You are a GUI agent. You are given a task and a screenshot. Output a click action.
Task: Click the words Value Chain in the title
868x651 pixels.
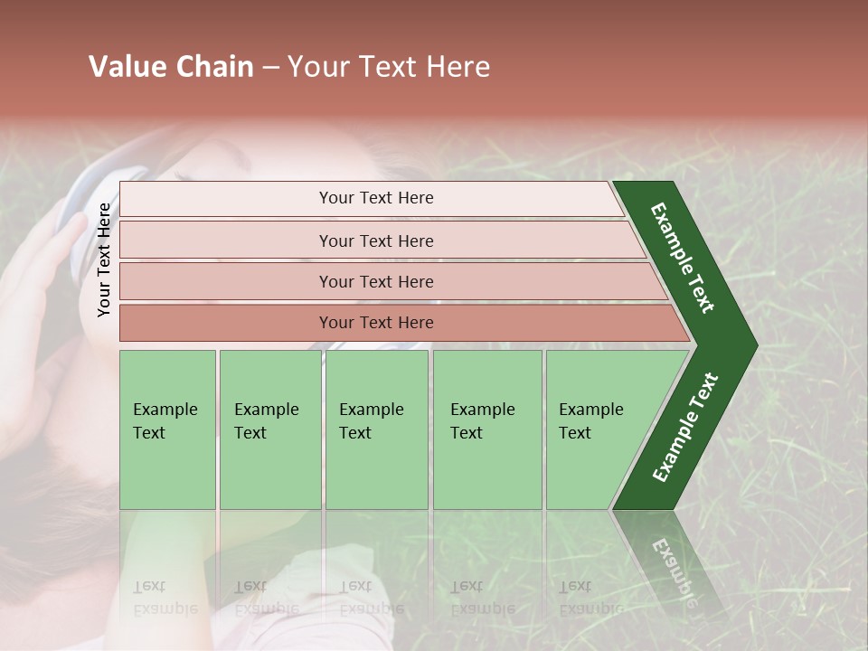pyautogui.click(x=171, y=67)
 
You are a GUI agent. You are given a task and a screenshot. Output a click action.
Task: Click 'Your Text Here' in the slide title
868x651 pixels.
pyautogui.click(x=389, y=67)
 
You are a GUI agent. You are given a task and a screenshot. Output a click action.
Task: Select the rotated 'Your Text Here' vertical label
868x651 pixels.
pyautogui.click(x=104, y=259)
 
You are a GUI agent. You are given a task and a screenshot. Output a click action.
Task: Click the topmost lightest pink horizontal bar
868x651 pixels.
pyautogui.click(x=376, y=198)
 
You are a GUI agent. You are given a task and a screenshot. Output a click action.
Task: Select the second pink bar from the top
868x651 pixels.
pyautogui.click(x=376, y=241)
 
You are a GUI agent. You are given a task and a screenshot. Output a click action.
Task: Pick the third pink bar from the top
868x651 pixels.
pyautogui.click(x=376, y=281)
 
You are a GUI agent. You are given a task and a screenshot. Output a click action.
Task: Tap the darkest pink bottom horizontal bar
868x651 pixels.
pyautogui.click(x=376, y=323)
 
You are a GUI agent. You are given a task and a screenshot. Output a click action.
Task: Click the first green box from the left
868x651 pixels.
pyautogui.click(x=167, y=429)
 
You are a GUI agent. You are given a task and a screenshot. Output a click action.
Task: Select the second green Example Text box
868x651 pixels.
pyautogui.click(x=269, y=429)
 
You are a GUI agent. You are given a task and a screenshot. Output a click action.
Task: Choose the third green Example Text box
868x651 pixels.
pyautogui.click(x=376, y=429)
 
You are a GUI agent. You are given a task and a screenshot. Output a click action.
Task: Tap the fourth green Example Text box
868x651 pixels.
pyautogui.click(x=487, y=429)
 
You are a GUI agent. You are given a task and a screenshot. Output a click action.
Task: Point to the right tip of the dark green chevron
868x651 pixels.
pyautogui.click(x=755, y=345)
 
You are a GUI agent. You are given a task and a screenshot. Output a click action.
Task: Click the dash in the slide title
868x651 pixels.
pyautogui.click(x=270, y=68)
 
